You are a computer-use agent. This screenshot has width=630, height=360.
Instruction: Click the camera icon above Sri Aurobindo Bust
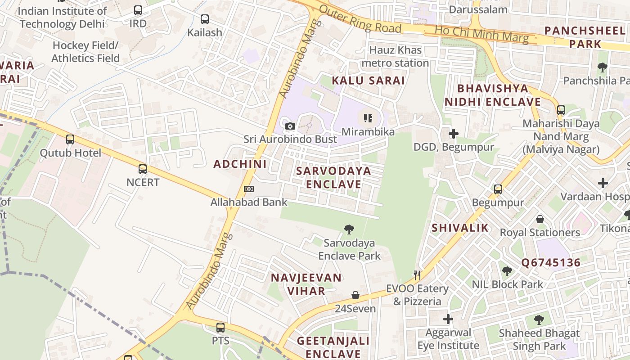[x=290, y=126]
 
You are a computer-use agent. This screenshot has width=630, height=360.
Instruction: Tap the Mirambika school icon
[x=368, y=118]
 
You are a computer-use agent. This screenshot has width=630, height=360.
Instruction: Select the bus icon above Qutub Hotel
[x=70, y=139]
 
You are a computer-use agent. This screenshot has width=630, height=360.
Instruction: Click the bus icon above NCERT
[x=143, y=169]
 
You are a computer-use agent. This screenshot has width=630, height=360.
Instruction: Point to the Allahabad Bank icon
[x=249, y=189]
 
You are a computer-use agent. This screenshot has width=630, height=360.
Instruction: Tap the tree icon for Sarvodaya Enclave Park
[x=349, y=229]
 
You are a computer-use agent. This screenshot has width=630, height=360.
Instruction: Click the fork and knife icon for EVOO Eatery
[x=418, y=275]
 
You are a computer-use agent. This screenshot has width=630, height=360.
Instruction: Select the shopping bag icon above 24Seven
[x=355, y=295]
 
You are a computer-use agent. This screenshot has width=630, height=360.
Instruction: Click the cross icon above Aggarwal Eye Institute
[x=448, y=319]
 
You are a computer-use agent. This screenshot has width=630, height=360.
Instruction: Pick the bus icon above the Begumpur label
[x=498, y=189]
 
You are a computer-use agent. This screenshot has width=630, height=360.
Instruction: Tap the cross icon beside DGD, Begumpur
[x=454, y=134]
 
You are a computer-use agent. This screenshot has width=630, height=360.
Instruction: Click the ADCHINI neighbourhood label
[x=240, y=164]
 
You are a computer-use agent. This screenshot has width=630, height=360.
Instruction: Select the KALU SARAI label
[x=369, y=81]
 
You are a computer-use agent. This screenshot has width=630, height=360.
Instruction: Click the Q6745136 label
[x=551, y=263]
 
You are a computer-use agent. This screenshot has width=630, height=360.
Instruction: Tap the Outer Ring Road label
[x=360, y=21]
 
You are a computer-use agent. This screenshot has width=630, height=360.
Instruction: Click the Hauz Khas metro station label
[x=395, y=56]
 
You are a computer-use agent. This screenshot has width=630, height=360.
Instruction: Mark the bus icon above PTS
[x=220, y=328]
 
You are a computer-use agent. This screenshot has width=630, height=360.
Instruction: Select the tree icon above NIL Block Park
[x=507, y=271]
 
